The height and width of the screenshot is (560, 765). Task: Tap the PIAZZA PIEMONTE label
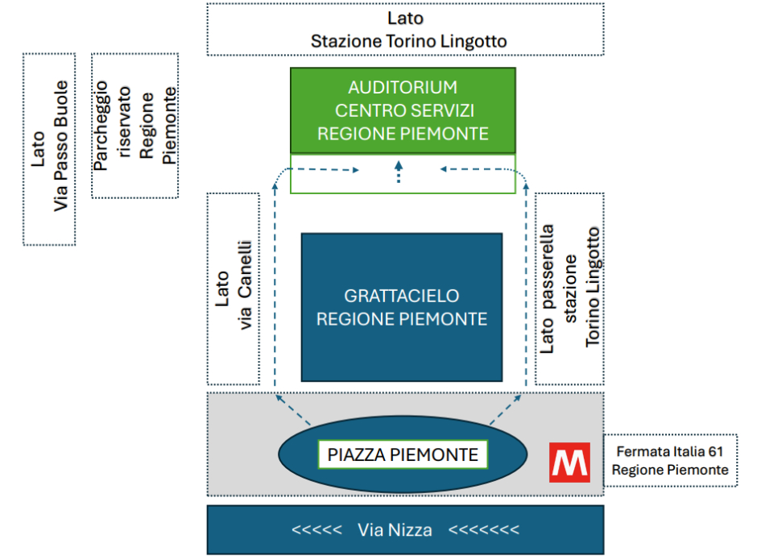point(403,454)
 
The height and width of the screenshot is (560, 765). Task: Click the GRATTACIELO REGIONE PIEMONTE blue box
point(402,307)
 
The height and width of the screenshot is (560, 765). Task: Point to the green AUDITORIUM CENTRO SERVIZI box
point(403,110)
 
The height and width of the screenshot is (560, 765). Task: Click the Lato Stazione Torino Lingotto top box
point(405,30)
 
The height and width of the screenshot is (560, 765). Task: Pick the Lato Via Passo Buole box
point(49,149)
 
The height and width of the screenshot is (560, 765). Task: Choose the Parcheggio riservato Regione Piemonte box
point(134,126)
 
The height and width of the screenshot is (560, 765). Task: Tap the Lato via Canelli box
point(234,288)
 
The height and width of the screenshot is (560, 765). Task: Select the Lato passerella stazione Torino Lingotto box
point(569,288)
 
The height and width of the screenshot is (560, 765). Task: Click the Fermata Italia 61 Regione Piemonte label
point(671,461)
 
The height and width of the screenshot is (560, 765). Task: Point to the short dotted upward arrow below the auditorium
point(398,171)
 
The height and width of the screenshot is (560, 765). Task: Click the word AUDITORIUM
point(403,87)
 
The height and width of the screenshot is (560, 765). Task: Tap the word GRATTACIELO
point(402,296)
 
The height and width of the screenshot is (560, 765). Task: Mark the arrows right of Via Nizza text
point(483,529)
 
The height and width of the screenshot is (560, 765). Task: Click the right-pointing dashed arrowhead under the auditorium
point(354,170)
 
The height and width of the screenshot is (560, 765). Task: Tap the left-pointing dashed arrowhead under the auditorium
point(445,170)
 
